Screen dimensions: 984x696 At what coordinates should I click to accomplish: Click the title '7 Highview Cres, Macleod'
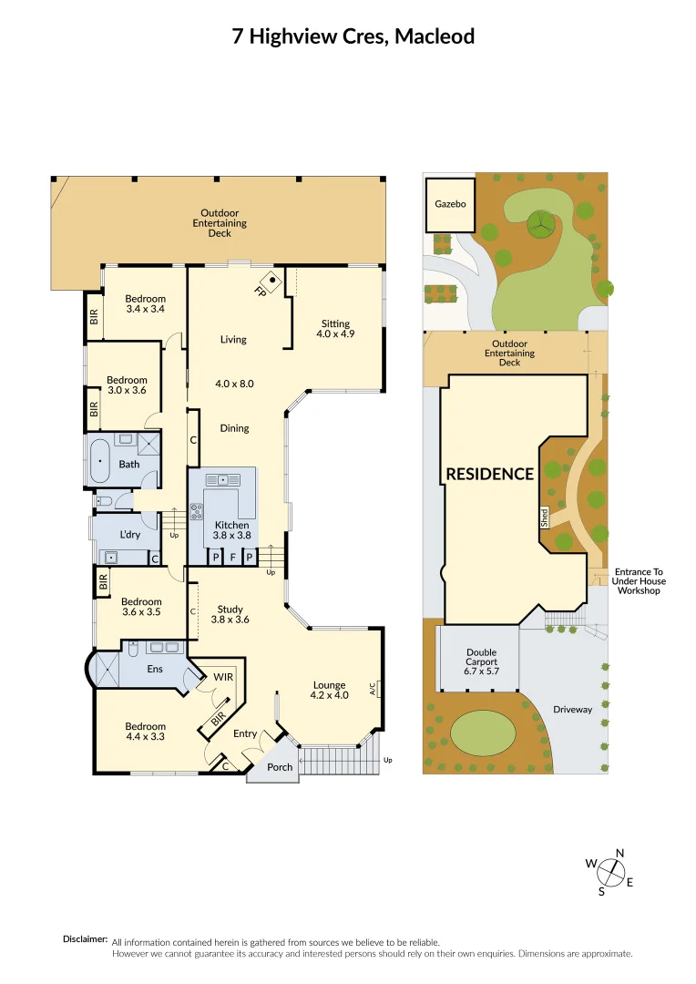353,36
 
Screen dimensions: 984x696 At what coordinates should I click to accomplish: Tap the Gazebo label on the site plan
450,204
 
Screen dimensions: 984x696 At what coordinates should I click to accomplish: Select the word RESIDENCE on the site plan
489,474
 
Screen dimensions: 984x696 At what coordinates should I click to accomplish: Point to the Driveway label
572,709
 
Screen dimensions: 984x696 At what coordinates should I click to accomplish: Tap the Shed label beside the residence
545,518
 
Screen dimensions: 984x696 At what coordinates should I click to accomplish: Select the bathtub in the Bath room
98,461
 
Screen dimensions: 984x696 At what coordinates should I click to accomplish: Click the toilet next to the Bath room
103,500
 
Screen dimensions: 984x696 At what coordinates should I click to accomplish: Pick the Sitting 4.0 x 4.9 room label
334,329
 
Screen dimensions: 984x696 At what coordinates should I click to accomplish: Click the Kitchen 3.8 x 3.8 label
231,530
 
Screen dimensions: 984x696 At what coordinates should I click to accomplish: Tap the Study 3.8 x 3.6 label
230,614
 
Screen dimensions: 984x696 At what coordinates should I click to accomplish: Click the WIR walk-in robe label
223,678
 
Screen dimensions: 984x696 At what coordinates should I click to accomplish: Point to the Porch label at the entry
280,767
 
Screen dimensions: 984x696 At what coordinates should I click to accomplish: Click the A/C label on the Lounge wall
374,690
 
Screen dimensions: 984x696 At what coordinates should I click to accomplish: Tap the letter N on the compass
620,853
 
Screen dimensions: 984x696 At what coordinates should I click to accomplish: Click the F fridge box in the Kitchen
232,556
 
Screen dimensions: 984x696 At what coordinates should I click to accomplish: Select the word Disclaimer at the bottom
85,938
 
